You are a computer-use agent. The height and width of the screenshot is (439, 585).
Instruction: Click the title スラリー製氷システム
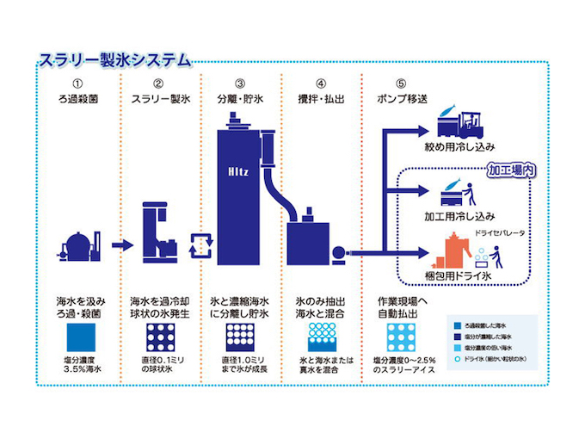[x=115, y=61]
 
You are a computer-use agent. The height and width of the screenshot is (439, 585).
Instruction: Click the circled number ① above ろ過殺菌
[x=77, y=83]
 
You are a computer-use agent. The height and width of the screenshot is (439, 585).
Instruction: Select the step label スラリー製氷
[x=157, y=99]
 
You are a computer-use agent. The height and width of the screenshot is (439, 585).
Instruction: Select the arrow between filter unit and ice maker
[x=121, y=245]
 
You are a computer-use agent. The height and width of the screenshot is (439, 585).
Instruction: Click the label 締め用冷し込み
[x=465, y=148]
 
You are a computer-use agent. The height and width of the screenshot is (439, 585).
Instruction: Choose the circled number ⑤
[x=400, y=83]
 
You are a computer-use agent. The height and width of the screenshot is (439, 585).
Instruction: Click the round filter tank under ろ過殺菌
[x=71, y=244]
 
